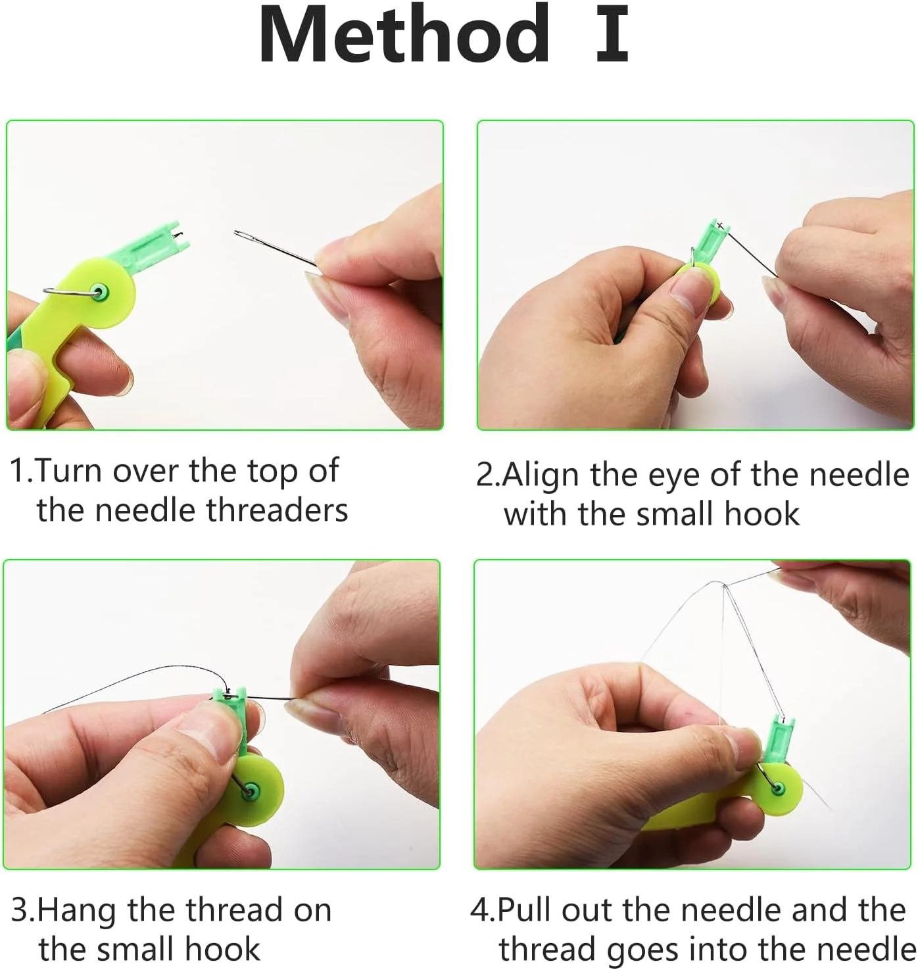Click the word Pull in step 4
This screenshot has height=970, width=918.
tap(523, 909)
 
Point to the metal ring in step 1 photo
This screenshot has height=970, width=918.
tap(72, 291)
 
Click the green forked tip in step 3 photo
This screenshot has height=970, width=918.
tap(230, 695)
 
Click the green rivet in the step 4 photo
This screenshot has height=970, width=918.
tap(778, 788)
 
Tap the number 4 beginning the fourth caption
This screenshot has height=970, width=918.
tap(480, 909)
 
